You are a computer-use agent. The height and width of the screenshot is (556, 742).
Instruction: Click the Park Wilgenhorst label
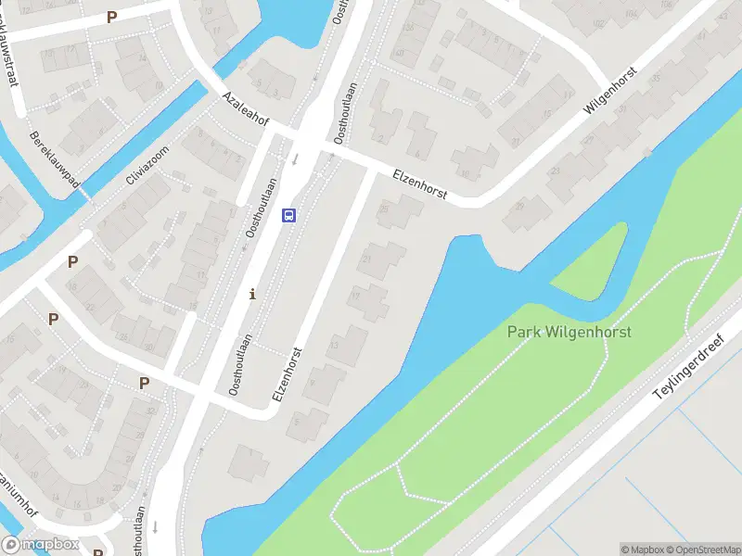(569, 332)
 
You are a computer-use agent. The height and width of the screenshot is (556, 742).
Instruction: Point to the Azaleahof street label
(245, 110)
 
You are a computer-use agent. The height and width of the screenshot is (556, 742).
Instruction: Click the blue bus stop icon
(289, 216)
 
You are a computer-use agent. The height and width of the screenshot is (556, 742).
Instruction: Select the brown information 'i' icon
(252, 295)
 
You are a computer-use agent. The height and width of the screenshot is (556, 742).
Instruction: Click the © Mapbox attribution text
(642, 550)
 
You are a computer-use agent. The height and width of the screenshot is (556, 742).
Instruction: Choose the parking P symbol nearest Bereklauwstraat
(112, 17)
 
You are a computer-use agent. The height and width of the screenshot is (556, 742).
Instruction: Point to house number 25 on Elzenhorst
(383, 211)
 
